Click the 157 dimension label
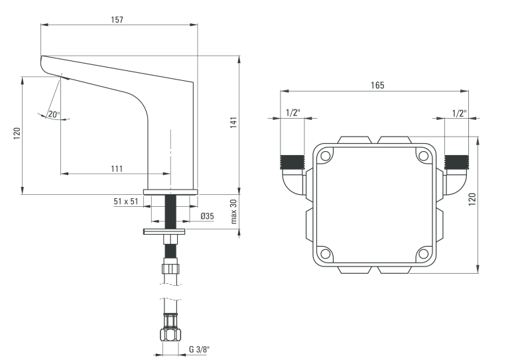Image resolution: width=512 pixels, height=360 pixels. point(117,19)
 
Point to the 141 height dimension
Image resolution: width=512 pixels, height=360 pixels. point(233,123)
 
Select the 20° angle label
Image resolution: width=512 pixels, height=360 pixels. point(54,114)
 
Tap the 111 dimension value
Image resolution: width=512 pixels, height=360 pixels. point(116,168)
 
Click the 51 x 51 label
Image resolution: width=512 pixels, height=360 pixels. point(125,201)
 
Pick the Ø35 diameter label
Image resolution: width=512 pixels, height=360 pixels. point(206,216)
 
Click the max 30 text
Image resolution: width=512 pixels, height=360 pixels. point(233,211)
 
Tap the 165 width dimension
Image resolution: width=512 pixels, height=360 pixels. point(377,85)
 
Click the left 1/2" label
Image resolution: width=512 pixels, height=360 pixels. point(293,113)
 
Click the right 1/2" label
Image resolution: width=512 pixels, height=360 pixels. point(459,113)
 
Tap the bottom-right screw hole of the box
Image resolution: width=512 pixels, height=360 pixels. point(422,253)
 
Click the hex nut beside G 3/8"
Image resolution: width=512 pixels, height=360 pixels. point(170,335)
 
